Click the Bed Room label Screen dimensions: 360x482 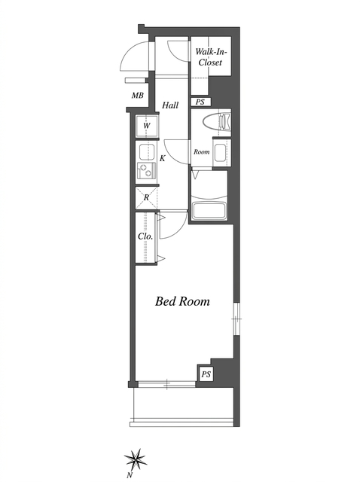click(x=182, y=301)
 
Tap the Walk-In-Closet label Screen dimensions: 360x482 click(x=211, y=57)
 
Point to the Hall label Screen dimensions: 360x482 click(x=170, y=105)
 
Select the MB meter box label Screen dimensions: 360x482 click(x=137, y=96)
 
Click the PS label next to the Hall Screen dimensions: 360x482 click(x=200, y=102)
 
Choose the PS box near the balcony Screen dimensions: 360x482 click(x=206, y=374)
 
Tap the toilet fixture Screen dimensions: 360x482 click(x=217, y=121)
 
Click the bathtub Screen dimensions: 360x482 click(x=209, y=211)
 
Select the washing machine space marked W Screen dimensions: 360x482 click(x=147, y=126)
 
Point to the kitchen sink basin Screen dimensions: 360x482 click(x=146, y=151)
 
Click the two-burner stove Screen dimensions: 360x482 click(x=147, y=171)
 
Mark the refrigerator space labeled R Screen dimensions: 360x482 click(x=146, y=197)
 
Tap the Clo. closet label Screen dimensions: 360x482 click(x=145, y=236)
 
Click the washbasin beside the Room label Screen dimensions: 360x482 click(x=221, y=153)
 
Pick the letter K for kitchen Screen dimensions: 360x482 click(x=163, y=158)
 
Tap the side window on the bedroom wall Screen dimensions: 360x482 click(x=236, y=319)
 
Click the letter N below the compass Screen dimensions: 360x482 click(x=130, y=475)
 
